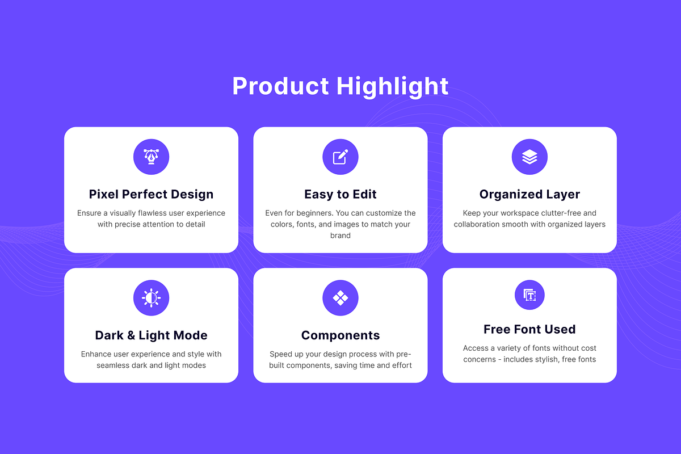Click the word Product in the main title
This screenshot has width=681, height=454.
pyautogui.click(x=280, y=86)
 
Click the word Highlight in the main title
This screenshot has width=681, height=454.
pyautogui.click(x=392, y=87)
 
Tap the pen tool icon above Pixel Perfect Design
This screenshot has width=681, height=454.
pyautogui.click(x=151, y=157)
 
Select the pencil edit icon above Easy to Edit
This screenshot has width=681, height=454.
pyautogui.click(x=340, y=157)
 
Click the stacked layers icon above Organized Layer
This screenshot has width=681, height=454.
pyautogui.click(x=529, y=157)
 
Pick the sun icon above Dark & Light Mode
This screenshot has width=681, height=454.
pyautogui.click(x=151, y=298)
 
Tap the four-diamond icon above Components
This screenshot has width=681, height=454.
pyautogui.click(x=340, y=298)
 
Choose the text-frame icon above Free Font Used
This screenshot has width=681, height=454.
pyautogui.click(x=529, y=295)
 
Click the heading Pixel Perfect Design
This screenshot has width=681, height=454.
pyautogui.click(x=151, y=194)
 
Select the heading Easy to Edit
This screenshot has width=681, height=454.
pyautogui.click(x=340, y=194)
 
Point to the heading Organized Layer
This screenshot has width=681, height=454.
pyautogui.click(x=529, y=194)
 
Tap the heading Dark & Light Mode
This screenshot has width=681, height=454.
pyautogui.click(x=151, y=335)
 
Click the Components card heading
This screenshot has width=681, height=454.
pyautogui.click(x=340, y=335)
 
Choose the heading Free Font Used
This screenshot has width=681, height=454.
pyautogui.click(x=529, y=329)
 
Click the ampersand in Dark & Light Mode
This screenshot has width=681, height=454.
pyautogui.click(x=131, y=335)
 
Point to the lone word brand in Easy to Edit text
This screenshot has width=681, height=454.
pyautogui.click(x=340, y=236)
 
